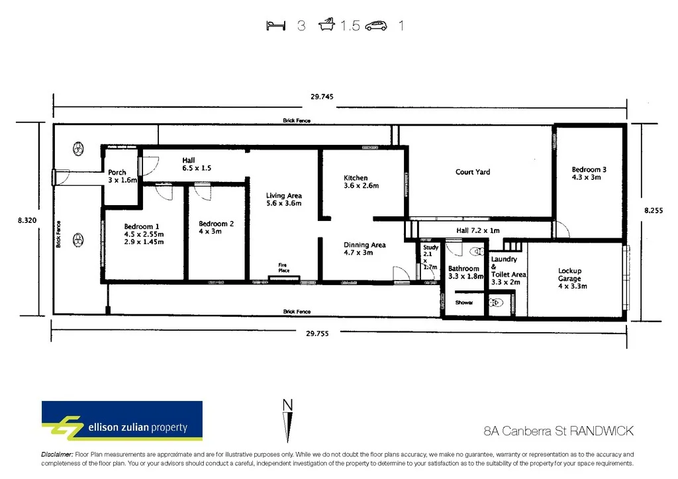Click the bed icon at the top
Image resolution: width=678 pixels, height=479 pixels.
click(x=275, y=26)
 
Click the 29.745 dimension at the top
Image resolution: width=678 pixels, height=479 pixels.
click(x=322, y=97)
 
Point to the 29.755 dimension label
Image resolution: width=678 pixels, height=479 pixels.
click(x=316, y=334)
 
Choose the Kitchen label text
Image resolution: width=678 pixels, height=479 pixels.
click(x=356, y=178)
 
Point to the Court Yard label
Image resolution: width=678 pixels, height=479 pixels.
click(x=473, y=172)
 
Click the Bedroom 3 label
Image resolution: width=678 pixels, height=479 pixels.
click(x=589, y=170)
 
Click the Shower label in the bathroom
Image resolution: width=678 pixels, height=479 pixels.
click(x=463, y=302)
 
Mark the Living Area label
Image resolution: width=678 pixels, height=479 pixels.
click(x=284, y=196)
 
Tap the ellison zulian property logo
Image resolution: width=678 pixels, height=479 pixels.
click(x=122, y=420)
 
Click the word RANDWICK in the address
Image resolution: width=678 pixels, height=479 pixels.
click(x=602, y=431)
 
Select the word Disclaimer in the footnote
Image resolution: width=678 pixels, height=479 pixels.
click(x=57, y=455)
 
